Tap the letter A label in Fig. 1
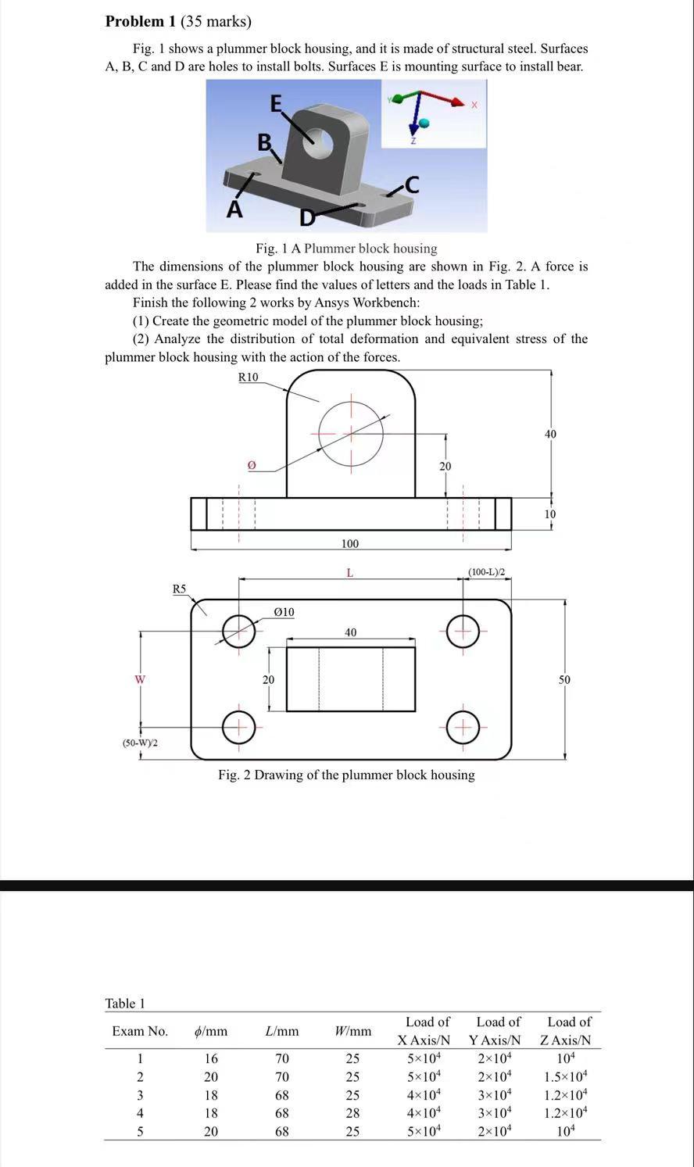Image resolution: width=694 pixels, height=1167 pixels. tap(234, 209)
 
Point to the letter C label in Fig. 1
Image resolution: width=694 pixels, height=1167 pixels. tap(412, 184)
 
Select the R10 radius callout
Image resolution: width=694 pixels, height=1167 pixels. tap(248, 378)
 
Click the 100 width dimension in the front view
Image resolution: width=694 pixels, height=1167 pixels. tap(350, 543)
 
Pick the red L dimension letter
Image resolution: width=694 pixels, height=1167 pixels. tap(349, 573)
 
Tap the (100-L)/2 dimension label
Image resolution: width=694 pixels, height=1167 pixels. tap(486, 572)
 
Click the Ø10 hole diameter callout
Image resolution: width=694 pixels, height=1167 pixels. tap(284, 611)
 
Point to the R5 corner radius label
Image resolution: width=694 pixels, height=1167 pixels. tap(180, 589)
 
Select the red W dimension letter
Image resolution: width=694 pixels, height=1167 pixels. tap(140, 679)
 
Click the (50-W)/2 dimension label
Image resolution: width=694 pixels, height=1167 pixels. tap(140, 742)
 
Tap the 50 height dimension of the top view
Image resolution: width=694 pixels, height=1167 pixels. tap(564, 680)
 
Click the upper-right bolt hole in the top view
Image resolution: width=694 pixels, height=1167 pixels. tap(463, 631)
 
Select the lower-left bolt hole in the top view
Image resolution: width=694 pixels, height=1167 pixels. tap(239, 727)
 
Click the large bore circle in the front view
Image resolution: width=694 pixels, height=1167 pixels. tap(351, 432)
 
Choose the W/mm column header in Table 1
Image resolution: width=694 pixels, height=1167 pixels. tap(353, 1031)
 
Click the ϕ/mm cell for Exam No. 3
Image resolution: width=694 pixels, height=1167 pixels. tap(211, 1095)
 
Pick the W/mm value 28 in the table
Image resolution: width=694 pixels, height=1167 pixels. tap(353, 1112)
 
